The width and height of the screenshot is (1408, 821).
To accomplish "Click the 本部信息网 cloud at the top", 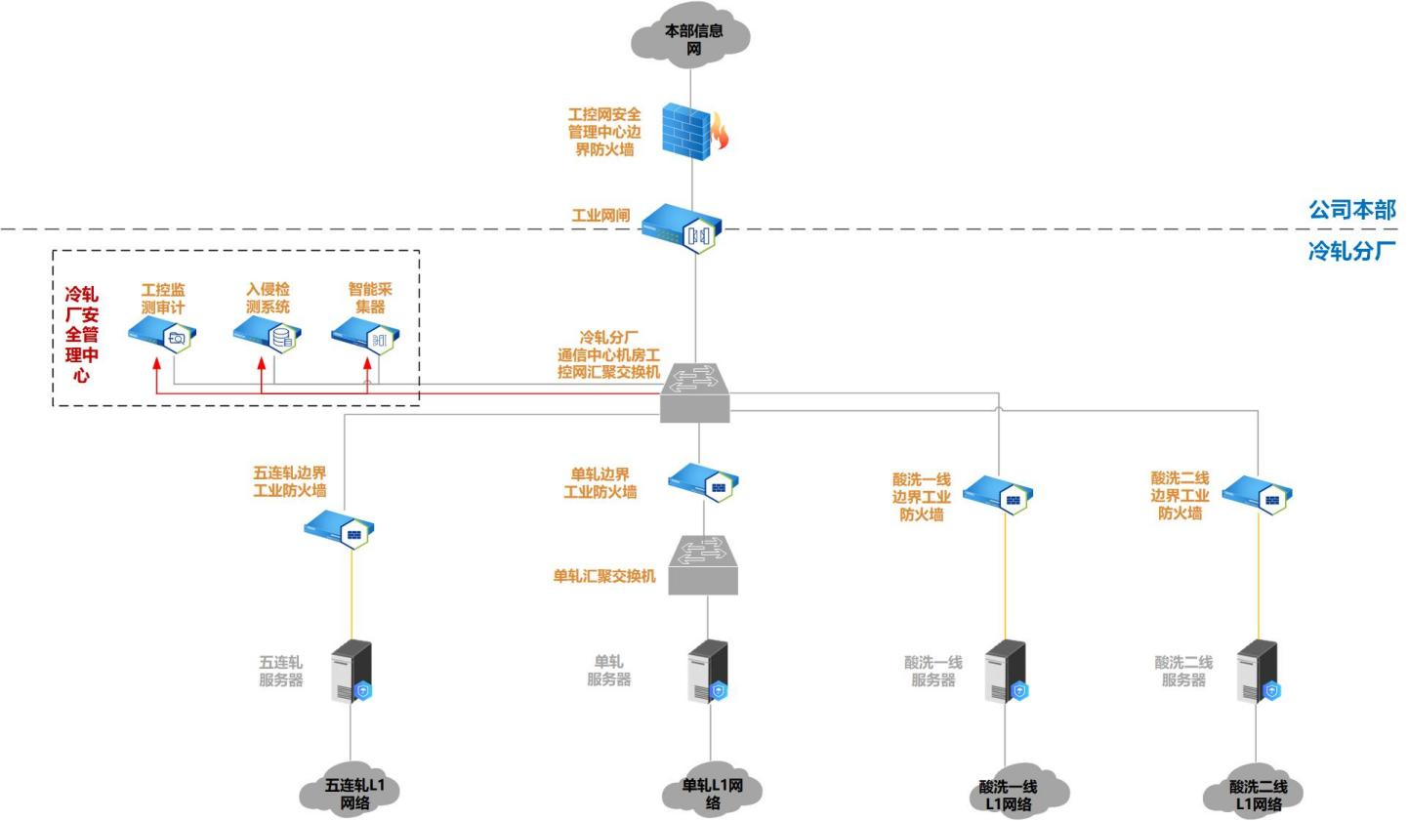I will tap(692, 40).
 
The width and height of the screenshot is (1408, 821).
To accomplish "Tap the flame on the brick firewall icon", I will tap(720, 133).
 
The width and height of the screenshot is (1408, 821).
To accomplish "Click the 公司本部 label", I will tap(1351, 209).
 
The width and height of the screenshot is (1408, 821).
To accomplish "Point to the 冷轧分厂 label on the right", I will tap(1351, 251).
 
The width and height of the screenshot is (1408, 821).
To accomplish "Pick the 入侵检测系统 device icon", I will tap(268, 336).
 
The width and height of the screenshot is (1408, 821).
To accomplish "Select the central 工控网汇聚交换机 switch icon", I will tap(695, 392).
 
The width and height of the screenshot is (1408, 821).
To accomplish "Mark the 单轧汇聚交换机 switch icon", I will tap(703, 564).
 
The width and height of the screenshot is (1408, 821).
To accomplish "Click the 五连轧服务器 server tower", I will tap(351, 671).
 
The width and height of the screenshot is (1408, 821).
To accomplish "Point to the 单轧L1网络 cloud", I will tap(712, 792).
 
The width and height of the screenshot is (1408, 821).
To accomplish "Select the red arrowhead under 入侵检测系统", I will tap(262, 363).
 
